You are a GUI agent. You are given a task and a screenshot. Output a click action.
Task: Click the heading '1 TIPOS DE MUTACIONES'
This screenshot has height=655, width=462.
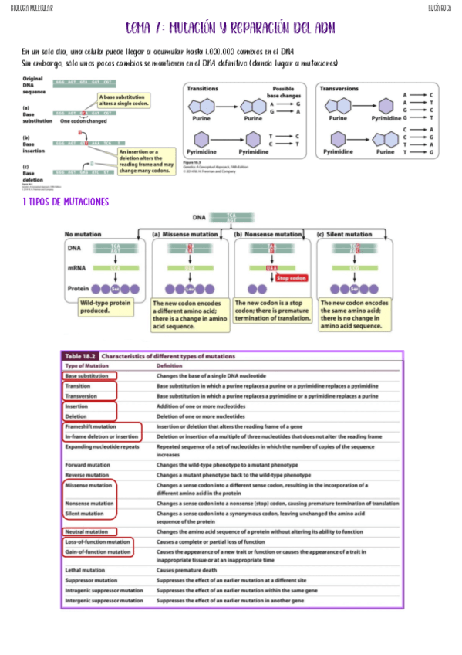click(66, 202)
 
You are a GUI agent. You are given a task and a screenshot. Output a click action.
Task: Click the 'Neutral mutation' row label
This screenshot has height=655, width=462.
click(86, 531)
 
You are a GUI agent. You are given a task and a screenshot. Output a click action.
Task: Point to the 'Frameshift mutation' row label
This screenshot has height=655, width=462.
click(91, 426)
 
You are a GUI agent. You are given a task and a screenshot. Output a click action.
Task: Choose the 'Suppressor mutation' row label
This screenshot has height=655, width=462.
click(92, 579)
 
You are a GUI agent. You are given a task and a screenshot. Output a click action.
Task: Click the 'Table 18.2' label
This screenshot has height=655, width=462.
click(81, 355)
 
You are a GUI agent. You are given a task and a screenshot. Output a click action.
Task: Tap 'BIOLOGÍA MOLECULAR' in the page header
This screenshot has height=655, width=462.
click(27, 7)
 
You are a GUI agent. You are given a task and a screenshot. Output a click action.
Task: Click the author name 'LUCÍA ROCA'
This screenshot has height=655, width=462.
click(440, 7)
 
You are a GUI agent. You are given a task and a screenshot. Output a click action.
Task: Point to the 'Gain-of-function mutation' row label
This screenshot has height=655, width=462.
click(98, 552)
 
